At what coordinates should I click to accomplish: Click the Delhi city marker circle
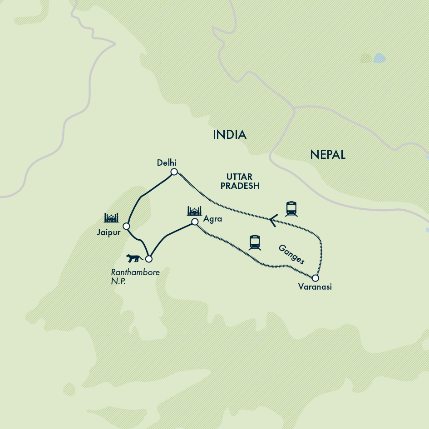173,172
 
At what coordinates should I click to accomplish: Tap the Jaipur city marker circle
127,226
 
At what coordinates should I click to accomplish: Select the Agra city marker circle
195,222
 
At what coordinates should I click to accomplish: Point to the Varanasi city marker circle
315,278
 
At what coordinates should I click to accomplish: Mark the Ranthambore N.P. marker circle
148,259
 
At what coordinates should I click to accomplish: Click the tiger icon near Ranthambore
134,258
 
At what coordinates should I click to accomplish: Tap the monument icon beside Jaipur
111,218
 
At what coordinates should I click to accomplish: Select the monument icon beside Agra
194,211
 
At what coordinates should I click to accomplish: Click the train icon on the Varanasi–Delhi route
291,209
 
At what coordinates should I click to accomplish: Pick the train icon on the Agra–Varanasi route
255,242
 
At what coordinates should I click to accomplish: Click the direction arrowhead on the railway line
273,221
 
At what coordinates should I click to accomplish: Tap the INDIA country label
230,135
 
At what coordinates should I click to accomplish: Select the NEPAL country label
328,155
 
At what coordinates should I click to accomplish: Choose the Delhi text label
166,163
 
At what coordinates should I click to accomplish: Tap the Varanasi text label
315,287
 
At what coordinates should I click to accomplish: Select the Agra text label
212,219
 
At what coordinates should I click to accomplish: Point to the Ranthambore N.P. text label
135,276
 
